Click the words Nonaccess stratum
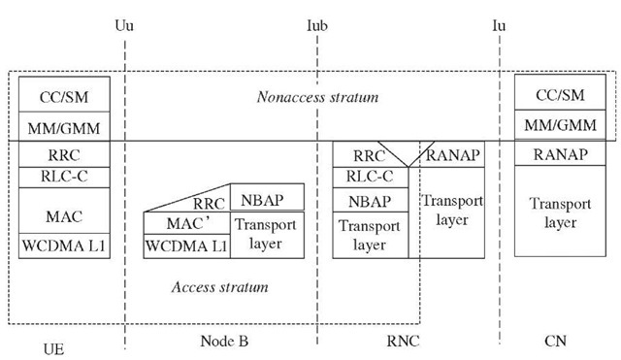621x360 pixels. [317, 97]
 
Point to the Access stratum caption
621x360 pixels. [219, 287]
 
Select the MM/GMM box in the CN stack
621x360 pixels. [561, 126]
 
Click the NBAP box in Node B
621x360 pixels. [266, 199]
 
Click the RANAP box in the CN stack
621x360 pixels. [561, 153]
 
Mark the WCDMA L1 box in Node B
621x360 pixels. [185, 246]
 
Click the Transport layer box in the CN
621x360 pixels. [561, 211]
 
